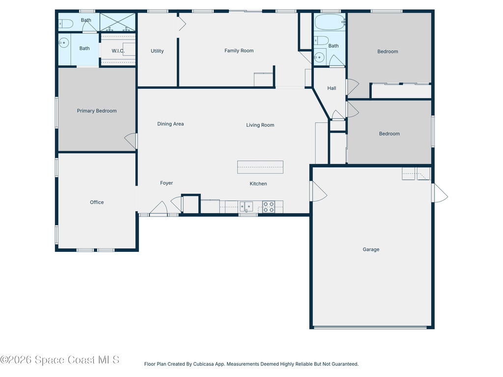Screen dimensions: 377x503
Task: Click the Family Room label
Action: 239,51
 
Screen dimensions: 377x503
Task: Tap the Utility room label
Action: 157,51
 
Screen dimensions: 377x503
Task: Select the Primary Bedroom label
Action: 97,111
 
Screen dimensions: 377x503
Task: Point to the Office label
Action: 97,202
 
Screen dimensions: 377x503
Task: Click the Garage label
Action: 371,249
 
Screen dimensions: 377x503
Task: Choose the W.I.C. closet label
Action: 118,51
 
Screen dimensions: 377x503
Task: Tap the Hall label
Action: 332,88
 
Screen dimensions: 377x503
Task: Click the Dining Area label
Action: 170,124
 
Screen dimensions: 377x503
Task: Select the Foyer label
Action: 167,183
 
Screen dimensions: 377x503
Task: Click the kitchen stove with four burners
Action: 268,207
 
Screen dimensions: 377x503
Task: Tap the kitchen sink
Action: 246,207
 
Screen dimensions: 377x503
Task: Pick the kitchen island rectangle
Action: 260,167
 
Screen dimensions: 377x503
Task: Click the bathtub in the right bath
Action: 330,22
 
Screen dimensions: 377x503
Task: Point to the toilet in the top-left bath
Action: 66,23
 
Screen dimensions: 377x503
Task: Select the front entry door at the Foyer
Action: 159,209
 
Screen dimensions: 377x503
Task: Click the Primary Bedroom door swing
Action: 131,140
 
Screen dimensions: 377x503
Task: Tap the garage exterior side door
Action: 440,192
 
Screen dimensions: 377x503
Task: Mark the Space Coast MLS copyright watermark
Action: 60,360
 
